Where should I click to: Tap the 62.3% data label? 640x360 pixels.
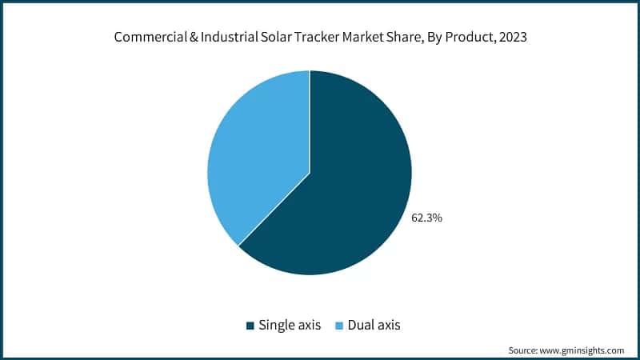(426, 217)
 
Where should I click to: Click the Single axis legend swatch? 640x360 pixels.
(250, 326)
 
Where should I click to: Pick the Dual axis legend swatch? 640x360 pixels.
(338, 326)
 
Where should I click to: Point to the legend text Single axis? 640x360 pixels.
(290, 326)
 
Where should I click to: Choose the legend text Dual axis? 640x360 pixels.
(374, 326)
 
